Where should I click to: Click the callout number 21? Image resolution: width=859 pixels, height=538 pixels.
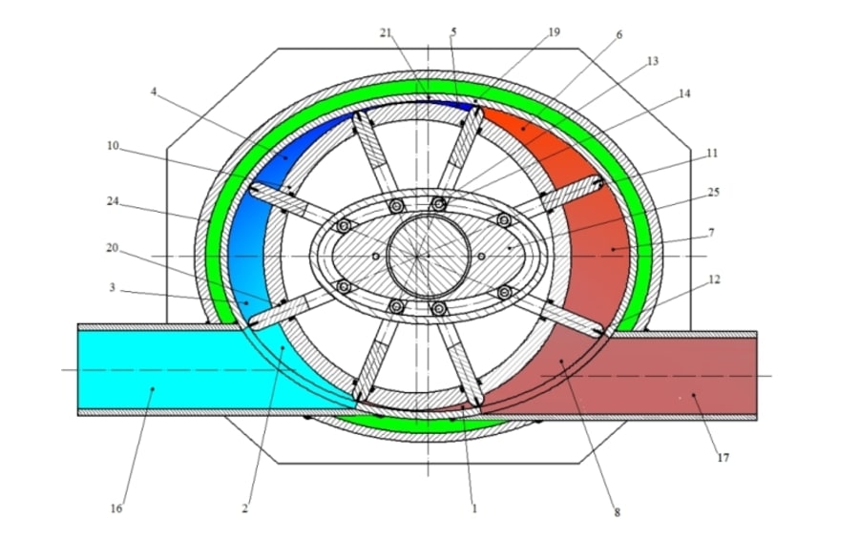click(x=386, y=31)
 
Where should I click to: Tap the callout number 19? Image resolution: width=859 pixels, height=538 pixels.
click(x=555, y=31)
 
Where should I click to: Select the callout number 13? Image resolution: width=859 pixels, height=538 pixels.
click(x=653, y=60)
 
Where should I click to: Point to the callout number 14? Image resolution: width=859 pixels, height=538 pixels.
click(x=684, y=93)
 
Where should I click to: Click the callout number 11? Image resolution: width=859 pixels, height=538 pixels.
click(x=712, y=153)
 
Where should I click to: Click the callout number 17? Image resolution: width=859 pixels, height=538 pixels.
click(x=723, y=458)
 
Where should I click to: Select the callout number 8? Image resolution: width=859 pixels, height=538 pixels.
click(x=617, y=512)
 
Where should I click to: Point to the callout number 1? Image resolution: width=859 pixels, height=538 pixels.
click(x=473, y=508)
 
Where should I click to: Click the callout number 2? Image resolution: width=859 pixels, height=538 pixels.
click(x=244, y=508)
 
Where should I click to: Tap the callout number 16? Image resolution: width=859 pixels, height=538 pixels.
click(x=116, y=508)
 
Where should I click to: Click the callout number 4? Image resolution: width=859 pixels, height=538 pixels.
click(x=154, y=92)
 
